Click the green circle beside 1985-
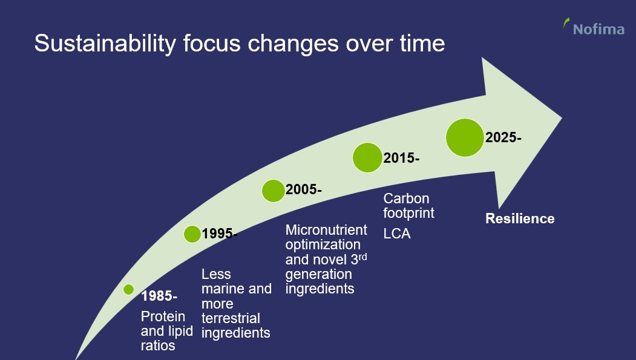tap(128, 290)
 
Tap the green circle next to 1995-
tap(192, 234)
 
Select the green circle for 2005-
tap(273, 190)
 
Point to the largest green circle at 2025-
tap(465, 137)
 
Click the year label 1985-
tap(159, 296)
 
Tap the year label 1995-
tap(220, 234)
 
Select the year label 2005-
tap(304, 190)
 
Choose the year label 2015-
tap(401, 159)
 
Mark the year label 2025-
tap(503, 137)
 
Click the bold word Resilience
tap(520, 218)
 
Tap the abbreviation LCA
tap(397, 233)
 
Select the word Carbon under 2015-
tap(406, 199)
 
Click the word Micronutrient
tap(326, 230)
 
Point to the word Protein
tap(163, 316)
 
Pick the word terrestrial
tap(231, 318)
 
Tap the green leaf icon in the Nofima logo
tap(566, 24)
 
